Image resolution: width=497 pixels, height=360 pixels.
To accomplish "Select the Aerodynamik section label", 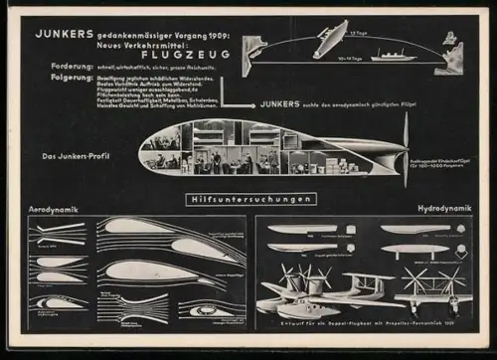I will coord(55,210).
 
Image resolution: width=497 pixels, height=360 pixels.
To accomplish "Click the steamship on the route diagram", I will coord(393,55).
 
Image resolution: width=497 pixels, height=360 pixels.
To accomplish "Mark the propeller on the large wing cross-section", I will coord(406,149).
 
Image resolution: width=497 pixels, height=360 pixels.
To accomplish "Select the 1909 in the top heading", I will coord(214,34).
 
